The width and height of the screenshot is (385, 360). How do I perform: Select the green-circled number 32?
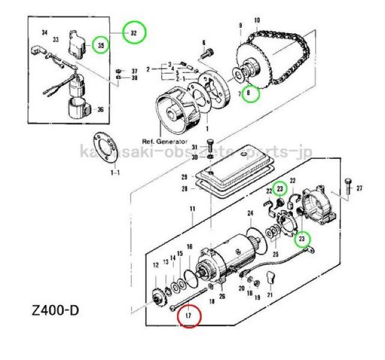134,33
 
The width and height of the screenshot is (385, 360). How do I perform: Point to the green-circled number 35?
100,45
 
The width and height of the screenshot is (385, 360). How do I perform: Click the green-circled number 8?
251,93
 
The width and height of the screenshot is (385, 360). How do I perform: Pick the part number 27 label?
360,189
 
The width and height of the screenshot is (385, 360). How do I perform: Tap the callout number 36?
100,110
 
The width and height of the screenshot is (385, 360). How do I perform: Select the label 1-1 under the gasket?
114,172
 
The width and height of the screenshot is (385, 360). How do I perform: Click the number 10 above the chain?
257,20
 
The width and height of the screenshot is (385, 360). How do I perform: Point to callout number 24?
250,213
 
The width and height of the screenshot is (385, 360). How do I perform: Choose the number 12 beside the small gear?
155,265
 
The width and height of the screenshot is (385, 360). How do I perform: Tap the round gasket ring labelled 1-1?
109,148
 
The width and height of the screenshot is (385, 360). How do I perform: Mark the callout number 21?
269,296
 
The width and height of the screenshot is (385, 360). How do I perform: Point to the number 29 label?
185,177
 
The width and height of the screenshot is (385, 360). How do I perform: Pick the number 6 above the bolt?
204,42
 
